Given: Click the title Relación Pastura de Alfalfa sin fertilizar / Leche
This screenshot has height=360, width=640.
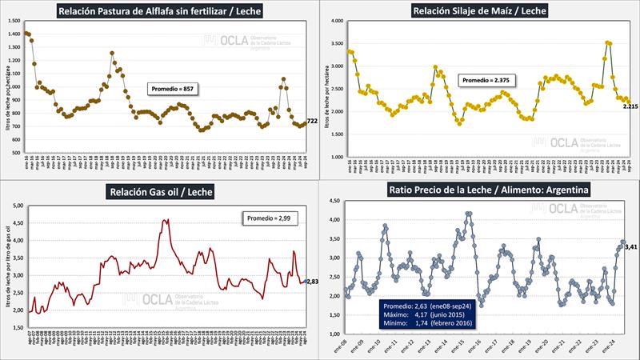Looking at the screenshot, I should pos(159,10).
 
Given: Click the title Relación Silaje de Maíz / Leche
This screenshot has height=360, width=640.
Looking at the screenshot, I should pos(480,10).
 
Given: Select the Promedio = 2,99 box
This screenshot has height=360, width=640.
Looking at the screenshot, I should pos(270,218).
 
